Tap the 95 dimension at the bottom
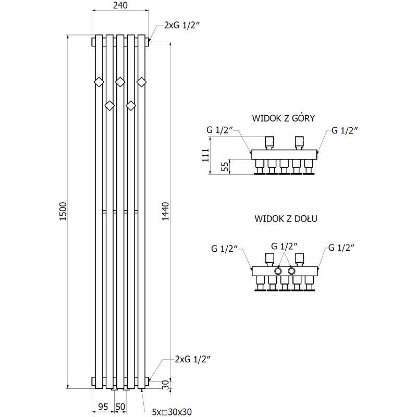click(x=103, y=406)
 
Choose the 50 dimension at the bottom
click(x=120, y=406)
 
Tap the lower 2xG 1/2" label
click(x=193, y=359)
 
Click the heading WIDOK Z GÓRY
click(x=283, y=118)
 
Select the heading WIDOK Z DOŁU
click(x=286, y=219)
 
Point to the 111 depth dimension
click(x=206, y=155)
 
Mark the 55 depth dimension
click(x=225, y=167)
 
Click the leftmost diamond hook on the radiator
click(x=98, y=81)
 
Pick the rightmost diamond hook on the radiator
click(x=141, y=81)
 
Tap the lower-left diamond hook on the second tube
click(x=109, y=106)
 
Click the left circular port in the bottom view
click(x=279, y=272)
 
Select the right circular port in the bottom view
click(x=291, y=272)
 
